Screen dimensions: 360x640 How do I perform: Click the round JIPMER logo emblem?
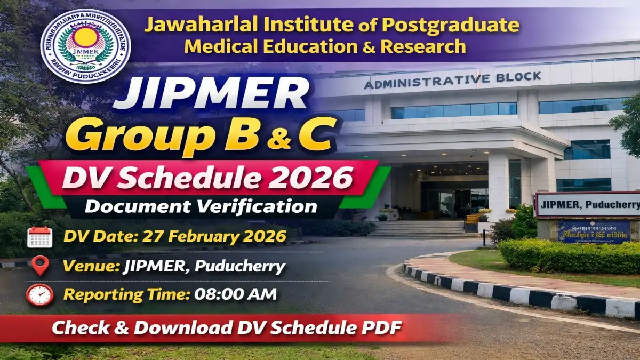click(85, 46)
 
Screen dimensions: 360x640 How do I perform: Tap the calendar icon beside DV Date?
click(39, 237)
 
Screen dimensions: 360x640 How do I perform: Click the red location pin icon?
click(40, 266)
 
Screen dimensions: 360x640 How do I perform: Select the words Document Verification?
click(201, 206)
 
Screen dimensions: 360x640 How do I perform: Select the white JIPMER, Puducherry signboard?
click(587, 204)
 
